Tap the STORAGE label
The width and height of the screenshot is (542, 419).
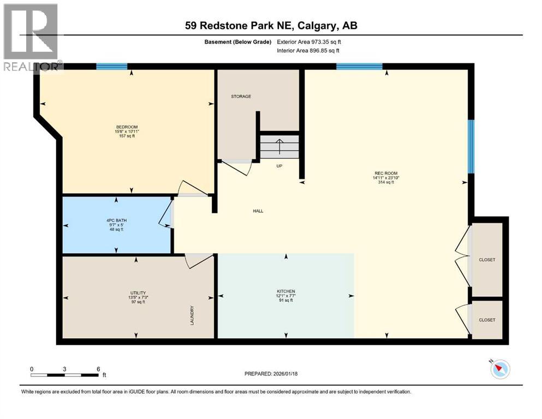[x=241, y=97]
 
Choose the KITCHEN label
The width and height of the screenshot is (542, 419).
[x=285, y=292]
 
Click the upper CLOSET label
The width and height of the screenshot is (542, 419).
[x=486, y=260]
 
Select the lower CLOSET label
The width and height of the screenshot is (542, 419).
[x=486, y=320]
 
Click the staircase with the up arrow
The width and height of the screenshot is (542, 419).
[x=279, y=147]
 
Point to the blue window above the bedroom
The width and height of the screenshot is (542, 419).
[x=111, y=67]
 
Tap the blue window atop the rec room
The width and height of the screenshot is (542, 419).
[x=359, y=67]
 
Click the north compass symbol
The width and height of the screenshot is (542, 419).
[x=499, y=369]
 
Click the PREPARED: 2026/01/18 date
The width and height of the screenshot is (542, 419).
[x=271, y=374]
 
